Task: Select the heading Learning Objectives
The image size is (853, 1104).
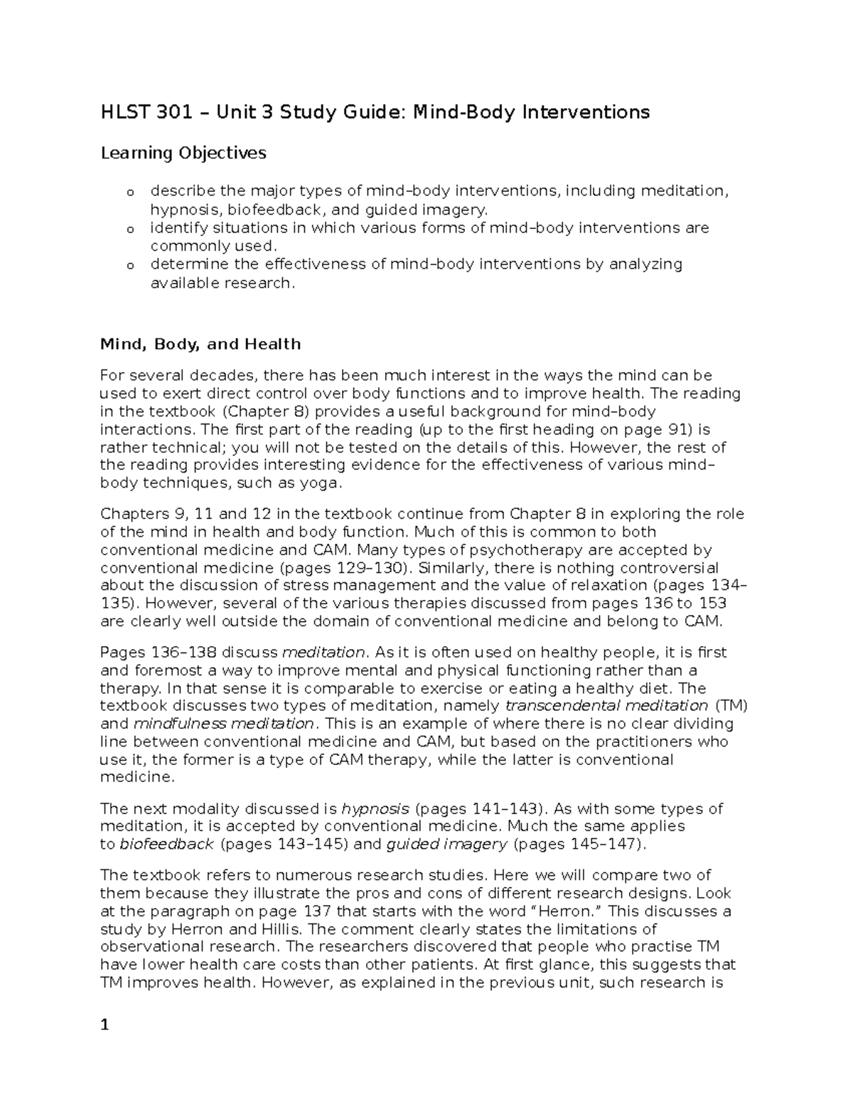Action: (x=183, y=153)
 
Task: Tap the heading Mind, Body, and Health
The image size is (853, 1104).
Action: (x=200, y=344)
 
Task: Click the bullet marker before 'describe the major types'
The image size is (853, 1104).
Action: (x=130, y=192)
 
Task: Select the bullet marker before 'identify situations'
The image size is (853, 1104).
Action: (x=130, y=229)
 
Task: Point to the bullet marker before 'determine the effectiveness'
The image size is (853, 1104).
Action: (x=130, y=265)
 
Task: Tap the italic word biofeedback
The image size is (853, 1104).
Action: (x=167, y=844)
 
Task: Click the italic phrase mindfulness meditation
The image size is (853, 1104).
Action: (x=223, y=724)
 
